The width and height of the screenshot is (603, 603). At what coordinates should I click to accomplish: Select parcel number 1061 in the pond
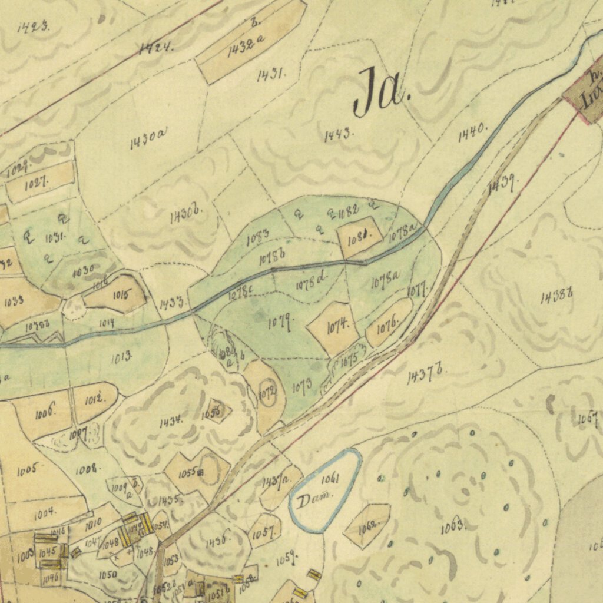point(330,478)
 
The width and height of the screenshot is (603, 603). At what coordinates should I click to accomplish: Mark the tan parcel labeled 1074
point(337,324)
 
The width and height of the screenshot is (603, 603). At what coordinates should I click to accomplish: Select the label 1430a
point(148,140)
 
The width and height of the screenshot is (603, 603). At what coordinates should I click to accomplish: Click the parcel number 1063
point(453,526)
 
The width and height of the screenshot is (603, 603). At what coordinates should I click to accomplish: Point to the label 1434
point(170,422)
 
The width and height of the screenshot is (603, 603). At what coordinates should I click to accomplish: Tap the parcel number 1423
point(34,26)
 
